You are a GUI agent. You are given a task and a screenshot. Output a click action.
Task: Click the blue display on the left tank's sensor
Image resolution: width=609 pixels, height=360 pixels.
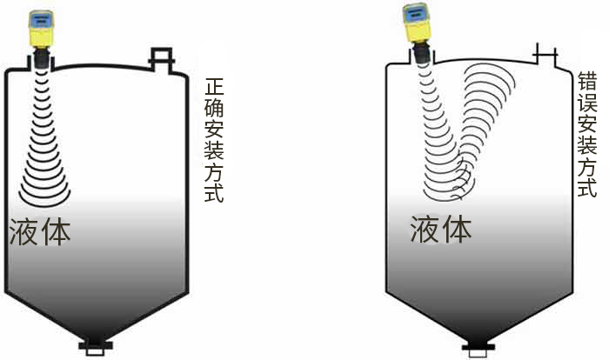(x=40, y=17)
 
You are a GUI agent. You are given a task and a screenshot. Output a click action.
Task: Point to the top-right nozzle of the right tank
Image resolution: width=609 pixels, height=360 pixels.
(x=545, y=55)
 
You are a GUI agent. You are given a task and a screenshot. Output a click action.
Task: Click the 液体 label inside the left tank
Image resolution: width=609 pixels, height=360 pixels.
(x=40, y=230)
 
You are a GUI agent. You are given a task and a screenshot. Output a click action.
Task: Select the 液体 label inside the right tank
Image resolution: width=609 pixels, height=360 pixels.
(x=441, y=229)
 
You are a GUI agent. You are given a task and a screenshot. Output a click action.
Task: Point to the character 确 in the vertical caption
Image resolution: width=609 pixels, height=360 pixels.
(x=214, y=111)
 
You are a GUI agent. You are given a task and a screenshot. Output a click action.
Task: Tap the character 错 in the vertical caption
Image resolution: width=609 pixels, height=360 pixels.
(x=588, y=83)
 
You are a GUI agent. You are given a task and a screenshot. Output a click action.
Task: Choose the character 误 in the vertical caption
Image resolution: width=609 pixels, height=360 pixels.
(x=588, y=104)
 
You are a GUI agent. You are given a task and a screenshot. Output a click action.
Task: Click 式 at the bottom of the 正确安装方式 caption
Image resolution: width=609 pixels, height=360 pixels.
(x=214, y=192)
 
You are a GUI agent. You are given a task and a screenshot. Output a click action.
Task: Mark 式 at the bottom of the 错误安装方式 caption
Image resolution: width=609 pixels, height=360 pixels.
(x=588, y=187)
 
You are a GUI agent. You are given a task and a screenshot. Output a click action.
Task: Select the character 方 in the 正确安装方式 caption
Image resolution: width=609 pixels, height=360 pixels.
(x=214, y=172)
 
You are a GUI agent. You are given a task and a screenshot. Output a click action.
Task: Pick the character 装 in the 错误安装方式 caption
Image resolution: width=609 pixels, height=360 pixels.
(x=588, y=146)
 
